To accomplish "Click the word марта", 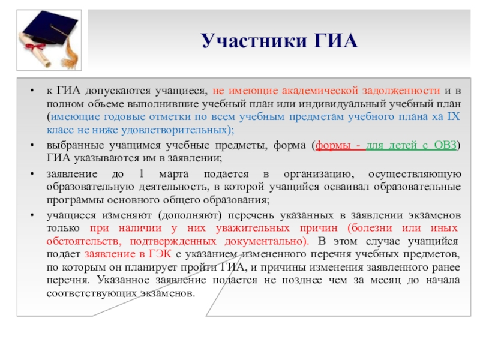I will tap(175, 174).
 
